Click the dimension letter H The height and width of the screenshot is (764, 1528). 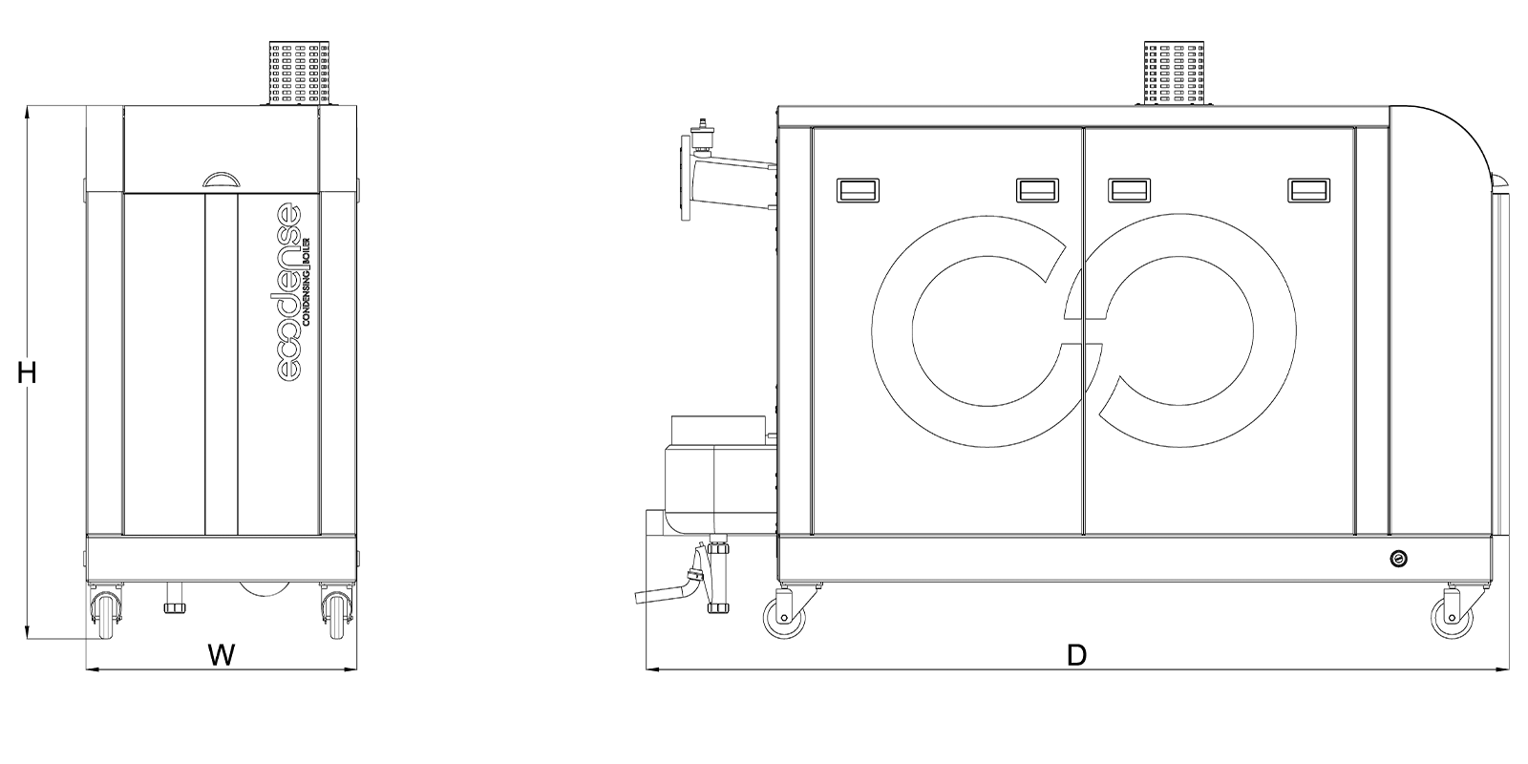pyautogui.click(x=28, y=373)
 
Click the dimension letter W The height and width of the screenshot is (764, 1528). pyautogui.click(x=222, y=655)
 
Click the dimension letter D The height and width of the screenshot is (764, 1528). pyautogui.click(x=1076, y=655)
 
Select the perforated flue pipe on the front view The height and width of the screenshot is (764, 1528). pyautogui.click(x=300, y=73)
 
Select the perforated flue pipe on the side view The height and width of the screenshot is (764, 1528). pyautogui.click(x=1176, y=73)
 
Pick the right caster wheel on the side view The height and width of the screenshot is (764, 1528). pyautogui.click(x=1452, y=617)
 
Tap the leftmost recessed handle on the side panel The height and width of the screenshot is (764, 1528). pyautogui.click(x=857, y=190)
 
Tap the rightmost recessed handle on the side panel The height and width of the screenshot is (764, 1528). pyautogui.click(x=1309, y=190)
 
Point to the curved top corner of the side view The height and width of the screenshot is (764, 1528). pyautogui.click(x=1452, y=134)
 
